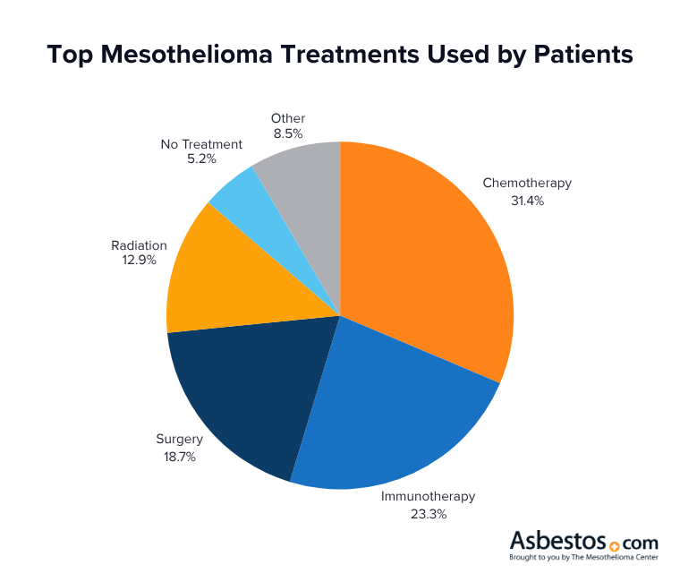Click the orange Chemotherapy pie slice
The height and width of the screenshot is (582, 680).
pyautogui.click(x=429, y=260)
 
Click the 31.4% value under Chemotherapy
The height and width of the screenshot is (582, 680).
pyautogui.click(x=526, y=201)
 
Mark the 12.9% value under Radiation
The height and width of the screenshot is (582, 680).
pyautogui.click(x=139, y=261)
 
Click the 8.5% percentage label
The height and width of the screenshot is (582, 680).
pyautogui.click(x=287, y=134)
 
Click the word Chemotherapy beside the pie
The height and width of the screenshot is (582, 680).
pyautogui.click(x=526, y=184)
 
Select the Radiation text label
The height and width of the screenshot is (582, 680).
pyautogui.click(x=139, y=244)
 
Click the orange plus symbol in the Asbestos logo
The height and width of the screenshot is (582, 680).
pyautogui.click(x=614, y=545)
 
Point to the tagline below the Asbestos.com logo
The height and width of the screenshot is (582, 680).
pyautogui.click(x=584, y=558)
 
